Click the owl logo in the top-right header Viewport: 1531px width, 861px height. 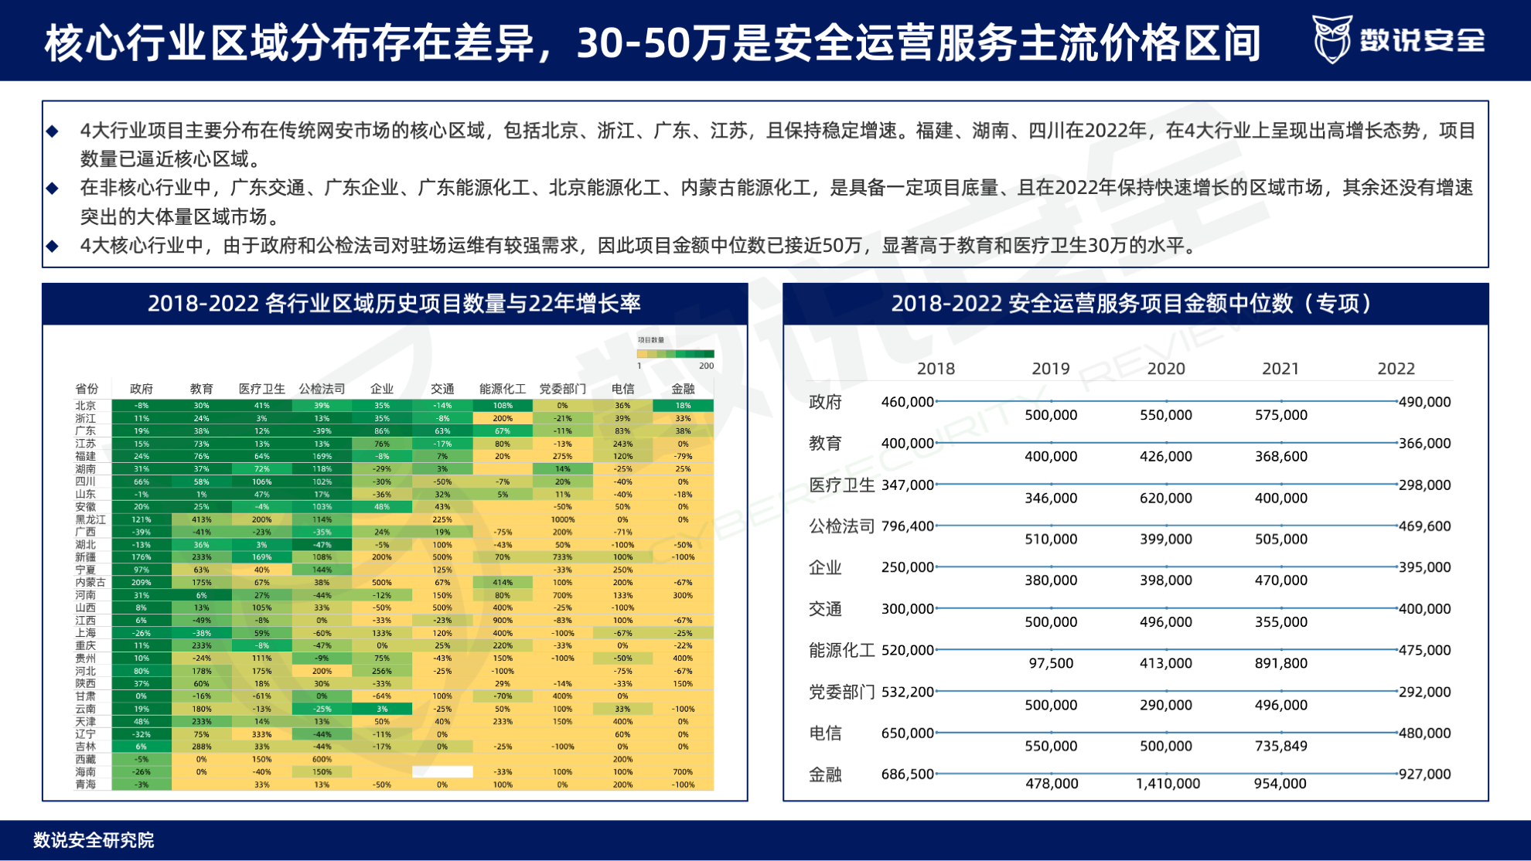[x=1332, y=39]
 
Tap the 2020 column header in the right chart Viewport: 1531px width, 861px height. [x=1165, y=369]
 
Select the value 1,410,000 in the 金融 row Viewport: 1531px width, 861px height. [x=1167, y=783]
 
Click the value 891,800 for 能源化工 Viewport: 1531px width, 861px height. [x=1280, y=663]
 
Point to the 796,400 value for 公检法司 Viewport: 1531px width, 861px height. [x=907, y=526]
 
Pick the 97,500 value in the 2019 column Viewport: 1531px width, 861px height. [x=1050, y=663]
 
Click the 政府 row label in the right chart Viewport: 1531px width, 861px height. [x=825, y=402]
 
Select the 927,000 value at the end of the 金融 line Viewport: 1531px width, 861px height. [x=1424, y=774]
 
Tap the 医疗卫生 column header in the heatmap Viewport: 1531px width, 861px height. [x=261, y=389]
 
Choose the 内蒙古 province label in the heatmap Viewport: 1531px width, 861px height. [x=90, y=582]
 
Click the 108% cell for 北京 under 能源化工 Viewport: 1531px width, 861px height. [x=503, y=405]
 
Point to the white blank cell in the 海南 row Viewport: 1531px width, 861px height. [x=442, y=771]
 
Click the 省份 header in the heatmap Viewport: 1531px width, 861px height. [x=87, y=389]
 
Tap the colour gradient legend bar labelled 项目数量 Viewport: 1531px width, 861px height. [x=674, y=354]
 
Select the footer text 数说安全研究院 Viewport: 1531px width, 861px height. [x=94, y=840]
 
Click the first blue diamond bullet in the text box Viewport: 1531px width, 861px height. [x=53, y=131]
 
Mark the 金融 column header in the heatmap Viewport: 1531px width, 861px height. [x=682, y=389]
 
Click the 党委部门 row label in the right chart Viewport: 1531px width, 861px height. [x=841, y=692]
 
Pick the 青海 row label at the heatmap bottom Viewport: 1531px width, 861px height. [x=86, y=784]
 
